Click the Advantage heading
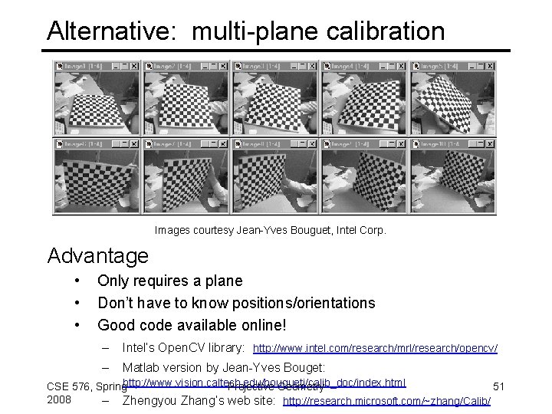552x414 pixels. [98, 255]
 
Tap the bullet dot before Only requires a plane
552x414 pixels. [77, 281]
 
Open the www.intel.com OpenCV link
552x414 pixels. [375, 349]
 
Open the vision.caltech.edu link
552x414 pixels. [264, 382]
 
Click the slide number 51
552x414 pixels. [498, 386]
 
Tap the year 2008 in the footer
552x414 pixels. [59, 399]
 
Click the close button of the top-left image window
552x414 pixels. [135, 67]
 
